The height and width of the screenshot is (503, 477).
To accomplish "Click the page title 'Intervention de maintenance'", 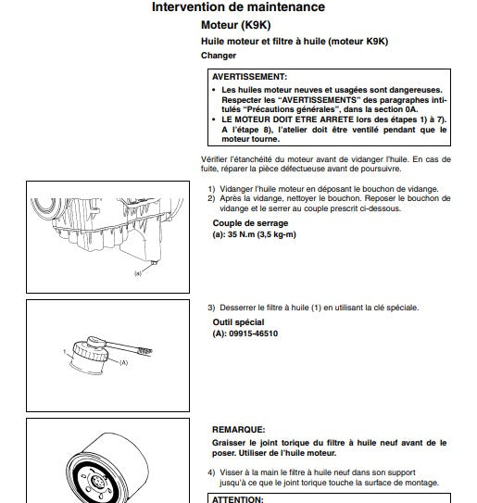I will tap(238, 8).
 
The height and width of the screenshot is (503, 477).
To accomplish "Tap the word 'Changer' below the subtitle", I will tap(219, 56).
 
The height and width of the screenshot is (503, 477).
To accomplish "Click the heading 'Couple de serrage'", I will tap(249, 223).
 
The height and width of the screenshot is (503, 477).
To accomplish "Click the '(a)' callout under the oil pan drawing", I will tap(138, 272).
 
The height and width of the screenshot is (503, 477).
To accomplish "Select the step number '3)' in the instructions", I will tap(211, 308).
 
